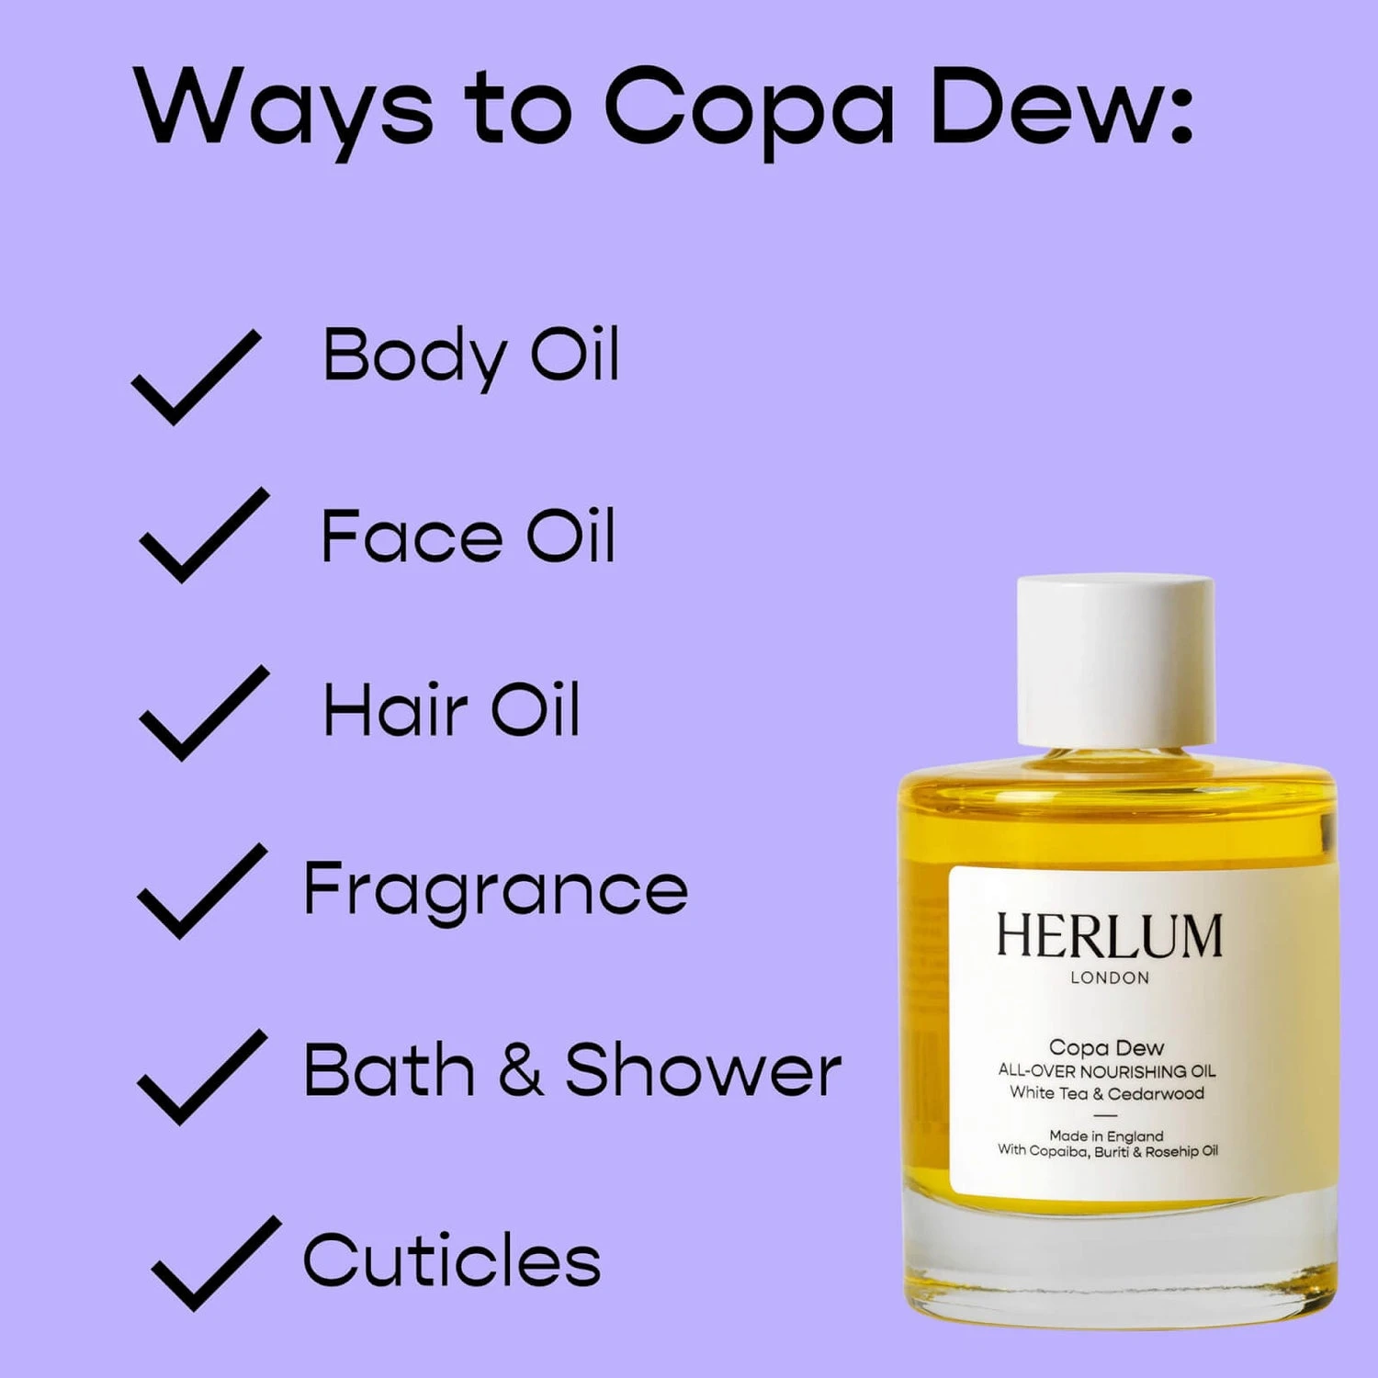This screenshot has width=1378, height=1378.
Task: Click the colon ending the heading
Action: tap(1180, 118)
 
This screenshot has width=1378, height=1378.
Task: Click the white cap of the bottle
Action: tap(1115, 660)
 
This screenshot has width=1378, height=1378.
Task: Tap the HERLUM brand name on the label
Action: tap(1110, 936)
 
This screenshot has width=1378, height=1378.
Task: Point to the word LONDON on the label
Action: tap(1110, 978)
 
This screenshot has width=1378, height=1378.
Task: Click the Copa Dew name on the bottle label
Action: tap(1106, 1048)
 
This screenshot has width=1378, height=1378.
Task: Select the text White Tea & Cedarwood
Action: tap(1107, 1093)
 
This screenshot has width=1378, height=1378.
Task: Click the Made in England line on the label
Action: tap(1106, 1136)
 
